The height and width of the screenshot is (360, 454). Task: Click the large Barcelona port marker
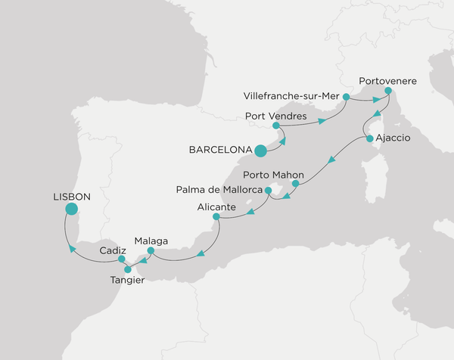coord(261,151)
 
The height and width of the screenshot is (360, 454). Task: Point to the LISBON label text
coord(72,195)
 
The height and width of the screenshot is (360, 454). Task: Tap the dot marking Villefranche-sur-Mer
coord(346,97)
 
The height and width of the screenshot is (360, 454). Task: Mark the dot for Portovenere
coord(387,92)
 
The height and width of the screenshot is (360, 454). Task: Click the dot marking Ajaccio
coord(369,139)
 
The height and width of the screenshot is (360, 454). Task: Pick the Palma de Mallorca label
coord(219,188)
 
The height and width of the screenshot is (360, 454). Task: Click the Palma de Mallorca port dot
coord(269,201)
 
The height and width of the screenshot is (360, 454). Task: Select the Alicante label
coord(216,206)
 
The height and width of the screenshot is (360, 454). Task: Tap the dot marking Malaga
coord(151,250)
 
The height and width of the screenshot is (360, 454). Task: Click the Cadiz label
coord(113,249)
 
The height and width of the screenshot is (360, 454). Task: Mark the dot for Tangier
coord(128,268)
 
